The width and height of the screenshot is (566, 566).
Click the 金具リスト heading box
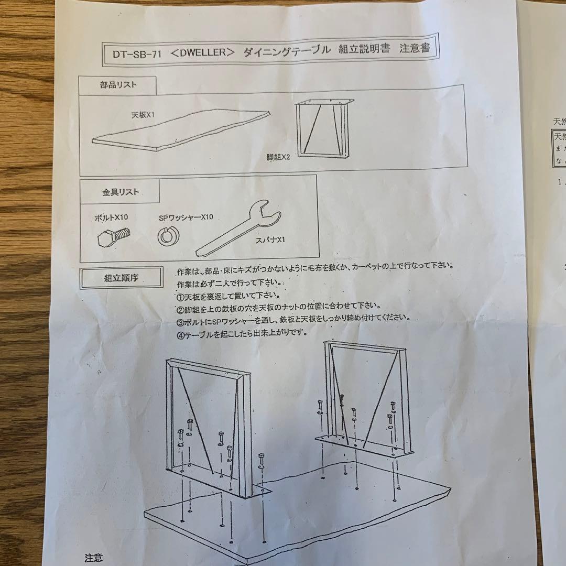pyautogui.click(x=120, y=192)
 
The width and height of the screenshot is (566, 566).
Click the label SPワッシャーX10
pyautogui.click(x=186, y=217)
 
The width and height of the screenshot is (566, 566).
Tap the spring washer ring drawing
pyautogui.click(x=167, y=237)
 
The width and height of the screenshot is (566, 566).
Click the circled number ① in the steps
pyautogui.click(x=181, y=295)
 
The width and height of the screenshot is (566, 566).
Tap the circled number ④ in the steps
pyautogui.click(x=181, y=333)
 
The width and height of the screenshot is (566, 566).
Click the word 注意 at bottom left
pyautogui.click(x=94, y=558)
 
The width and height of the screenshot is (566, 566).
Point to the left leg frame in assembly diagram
pyautogui.click(x=210, y=424)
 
